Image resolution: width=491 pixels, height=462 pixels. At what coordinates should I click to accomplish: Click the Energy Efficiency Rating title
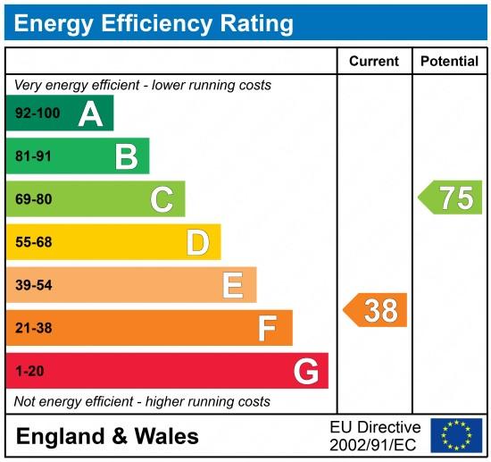coord(154,21)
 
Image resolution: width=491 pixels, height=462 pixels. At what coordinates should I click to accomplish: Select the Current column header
coord(373,62)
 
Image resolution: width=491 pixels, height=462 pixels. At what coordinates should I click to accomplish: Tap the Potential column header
coord(450,62)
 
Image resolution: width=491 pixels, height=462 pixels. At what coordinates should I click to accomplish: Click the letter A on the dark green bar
coord(90,113)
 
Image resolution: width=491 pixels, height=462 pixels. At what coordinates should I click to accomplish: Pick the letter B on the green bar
coord(126,157)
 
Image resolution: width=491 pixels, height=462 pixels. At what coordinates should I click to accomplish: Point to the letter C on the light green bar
coord(162,199)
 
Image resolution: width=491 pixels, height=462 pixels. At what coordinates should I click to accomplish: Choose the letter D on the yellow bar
coord(197,242)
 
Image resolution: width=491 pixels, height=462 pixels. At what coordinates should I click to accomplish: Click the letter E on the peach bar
coord(232,285)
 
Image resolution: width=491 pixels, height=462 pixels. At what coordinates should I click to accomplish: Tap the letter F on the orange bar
coord(267,328)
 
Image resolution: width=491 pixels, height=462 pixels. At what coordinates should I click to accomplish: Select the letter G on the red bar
coord(305,371)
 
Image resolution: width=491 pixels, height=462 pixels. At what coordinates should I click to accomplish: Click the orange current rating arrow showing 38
coord(376,310)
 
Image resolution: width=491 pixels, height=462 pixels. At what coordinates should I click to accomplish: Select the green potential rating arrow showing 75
coord(451,197)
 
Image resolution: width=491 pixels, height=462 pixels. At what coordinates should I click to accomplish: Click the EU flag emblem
coord(455,435)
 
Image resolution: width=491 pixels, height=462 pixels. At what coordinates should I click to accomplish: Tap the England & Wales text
coord(107,436)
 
